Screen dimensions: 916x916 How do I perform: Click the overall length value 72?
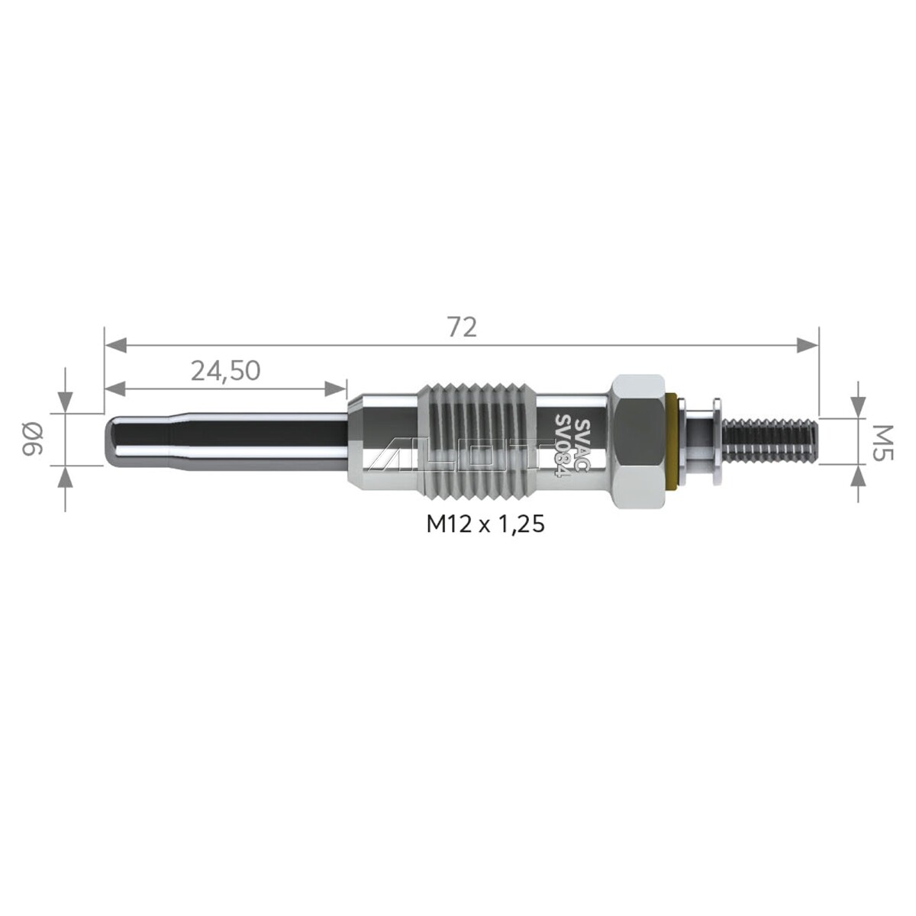click(463, 327)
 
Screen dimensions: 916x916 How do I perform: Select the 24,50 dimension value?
click(225, 371)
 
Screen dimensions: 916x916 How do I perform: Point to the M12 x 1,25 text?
click(485, 524)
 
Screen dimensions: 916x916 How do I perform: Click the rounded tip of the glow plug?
click(111, 440)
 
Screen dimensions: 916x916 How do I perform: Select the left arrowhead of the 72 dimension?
click(115, 346)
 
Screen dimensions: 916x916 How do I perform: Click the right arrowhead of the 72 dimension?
click(807, 346)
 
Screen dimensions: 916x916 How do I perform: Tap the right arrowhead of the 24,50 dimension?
click(336, 389)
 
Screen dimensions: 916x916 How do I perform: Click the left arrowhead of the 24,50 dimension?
click(115, 389)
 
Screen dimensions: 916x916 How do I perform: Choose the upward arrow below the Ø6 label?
click(66, 478)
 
